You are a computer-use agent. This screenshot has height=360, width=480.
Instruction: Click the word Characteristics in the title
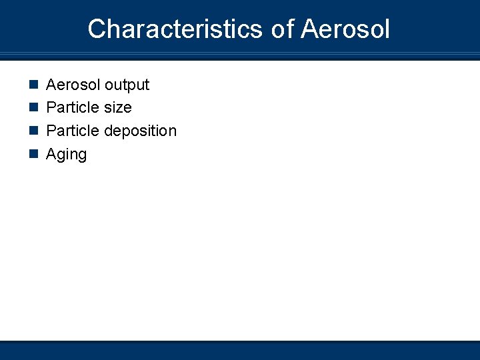175,29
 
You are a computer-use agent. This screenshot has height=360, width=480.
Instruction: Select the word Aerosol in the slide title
345,29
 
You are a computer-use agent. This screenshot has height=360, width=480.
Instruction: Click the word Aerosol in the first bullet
70,85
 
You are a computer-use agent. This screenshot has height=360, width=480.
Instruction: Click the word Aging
66,155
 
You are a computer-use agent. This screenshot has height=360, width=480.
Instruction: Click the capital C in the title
97,29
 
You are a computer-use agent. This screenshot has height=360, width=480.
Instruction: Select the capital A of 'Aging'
51,154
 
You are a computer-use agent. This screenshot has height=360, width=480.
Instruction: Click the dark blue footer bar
240,351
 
